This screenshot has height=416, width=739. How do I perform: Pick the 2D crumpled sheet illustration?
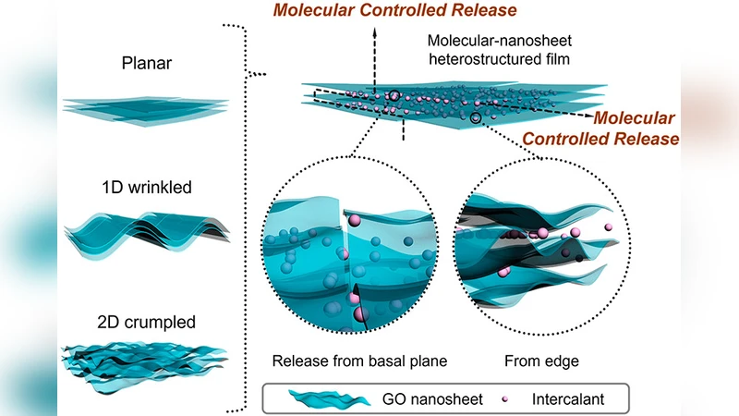tap(146, 363)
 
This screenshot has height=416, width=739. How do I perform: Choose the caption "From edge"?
tap(542, 360)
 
